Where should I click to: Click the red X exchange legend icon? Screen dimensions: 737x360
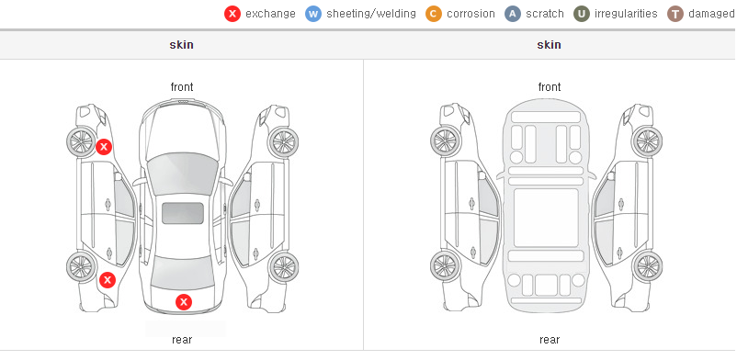coord(232,14)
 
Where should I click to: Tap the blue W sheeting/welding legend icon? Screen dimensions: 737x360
coord(313,14)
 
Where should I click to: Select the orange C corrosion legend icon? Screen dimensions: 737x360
coord(434,14)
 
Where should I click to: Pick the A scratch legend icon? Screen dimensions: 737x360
coord(513,14)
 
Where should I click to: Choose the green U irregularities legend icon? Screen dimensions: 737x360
coord(582,14)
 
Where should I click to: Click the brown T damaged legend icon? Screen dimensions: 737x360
coord(675,14)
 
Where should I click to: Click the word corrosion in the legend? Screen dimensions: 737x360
coord(471,14)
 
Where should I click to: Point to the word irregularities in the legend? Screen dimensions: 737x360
coord(626,14)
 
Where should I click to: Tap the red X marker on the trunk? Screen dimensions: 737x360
coord(184,302)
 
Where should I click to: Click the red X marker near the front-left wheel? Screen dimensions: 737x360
coord(104,147)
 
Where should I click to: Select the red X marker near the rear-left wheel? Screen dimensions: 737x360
coord(108,280)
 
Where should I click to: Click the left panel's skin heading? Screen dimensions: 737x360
coord(181,45)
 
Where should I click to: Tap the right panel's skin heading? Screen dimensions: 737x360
coord(549,45)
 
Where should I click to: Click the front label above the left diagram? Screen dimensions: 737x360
coord(182,87)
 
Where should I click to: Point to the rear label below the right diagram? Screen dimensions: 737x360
coord(550,339)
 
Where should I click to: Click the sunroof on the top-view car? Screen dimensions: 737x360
coord(183,213)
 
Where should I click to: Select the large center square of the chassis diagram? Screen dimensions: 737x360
coord(546,218)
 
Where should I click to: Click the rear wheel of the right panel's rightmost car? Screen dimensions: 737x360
coord(648,266)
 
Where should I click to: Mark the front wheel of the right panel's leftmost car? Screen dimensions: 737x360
coord(445,141)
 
